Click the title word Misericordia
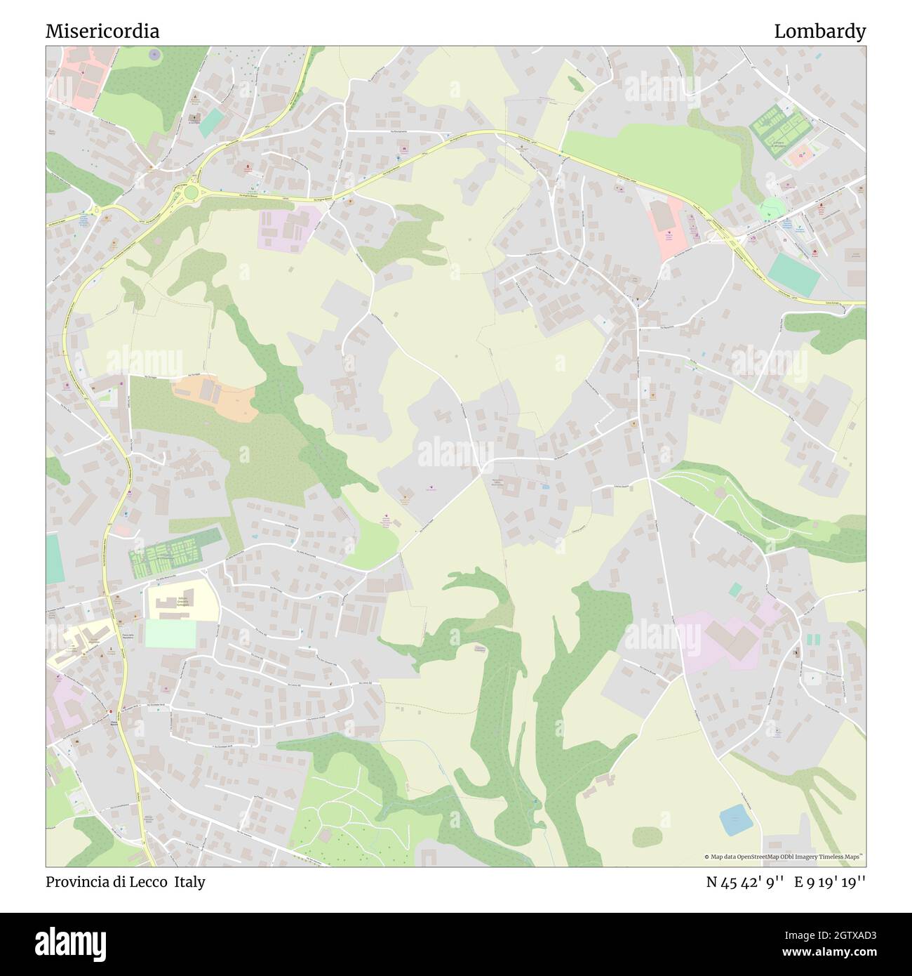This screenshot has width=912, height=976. click(102, 31)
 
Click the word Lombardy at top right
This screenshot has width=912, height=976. click(819, 31)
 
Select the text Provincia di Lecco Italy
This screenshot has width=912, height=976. click(126, 882)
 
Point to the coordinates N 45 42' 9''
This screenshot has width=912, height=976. click(745, 882)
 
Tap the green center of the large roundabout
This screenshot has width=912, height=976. click(191, 192)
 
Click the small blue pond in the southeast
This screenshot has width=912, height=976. click(735, 819)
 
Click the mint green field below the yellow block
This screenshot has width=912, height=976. click(170, 634)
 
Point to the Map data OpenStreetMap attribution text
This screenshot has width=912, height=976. click(784, 857)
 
